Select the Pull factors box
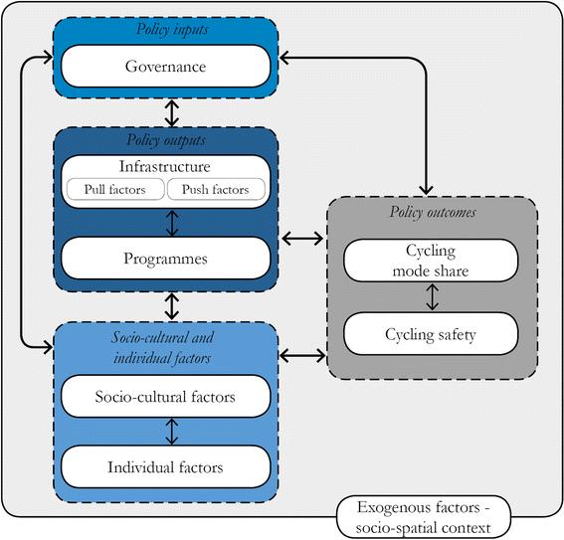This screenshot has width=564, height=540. [112, 188]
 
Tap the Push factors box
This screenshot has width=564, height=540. [216, 188]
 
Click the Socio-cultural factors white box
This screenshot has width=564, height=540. [165, 397]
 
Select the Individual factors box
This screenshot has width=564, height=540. [165, 465]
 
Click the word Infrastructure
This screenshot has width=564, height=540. [165, 165]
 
